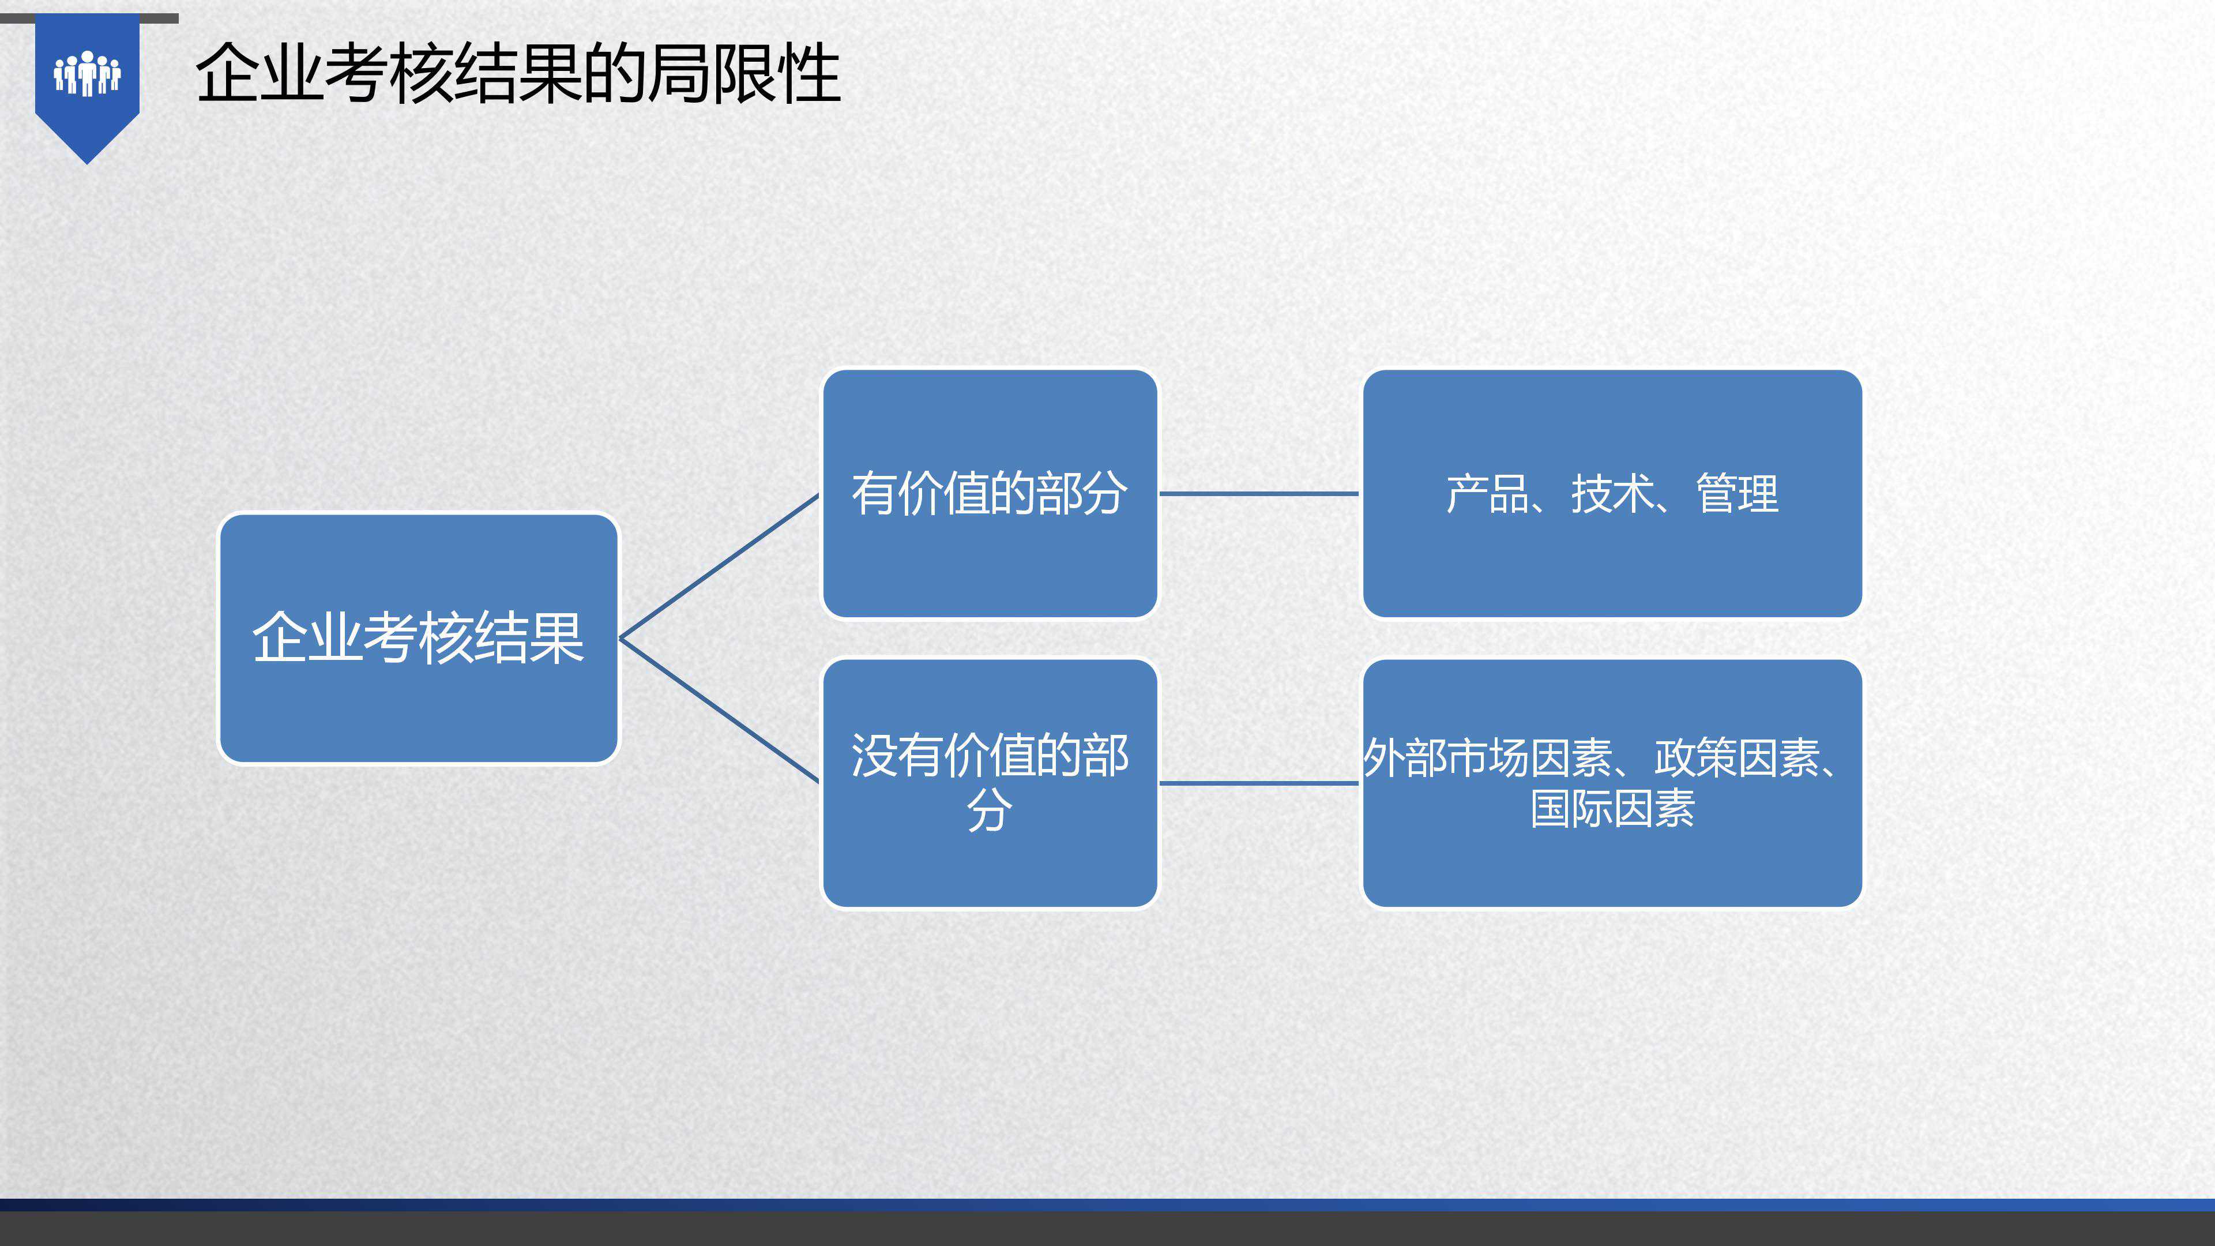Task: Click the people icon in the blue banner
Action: point(87,74)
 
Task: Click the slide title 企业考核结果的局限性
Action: point(518,74)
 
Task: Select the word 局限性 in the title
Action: point(744,74)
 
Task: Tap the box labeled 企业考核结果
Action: point(419,638)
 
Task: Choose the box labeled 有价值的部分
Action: point(990,494)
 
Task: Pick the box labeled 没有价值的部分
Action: point(990,783)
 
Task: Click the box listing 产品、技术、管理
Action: point(1612,494)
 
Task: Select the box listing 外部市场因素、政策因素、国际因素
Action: point(1612,783)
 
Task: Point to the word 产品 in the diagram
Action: point(1487,494)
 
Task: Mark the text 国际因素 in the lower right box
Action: point(1612,809)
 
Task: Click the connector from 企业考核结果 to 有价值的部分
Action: point(719,566)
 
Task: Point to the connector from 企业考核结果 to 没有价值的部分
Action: point(719,710)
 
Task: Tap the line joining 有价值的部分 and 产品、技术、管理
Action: point(1259,494)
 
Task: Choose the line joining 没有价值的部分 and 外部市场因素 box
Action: point(1259,783)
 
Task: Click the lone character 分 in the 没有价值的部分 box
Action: point(990,810)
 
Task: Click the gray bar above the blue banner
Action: point(89,18)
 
